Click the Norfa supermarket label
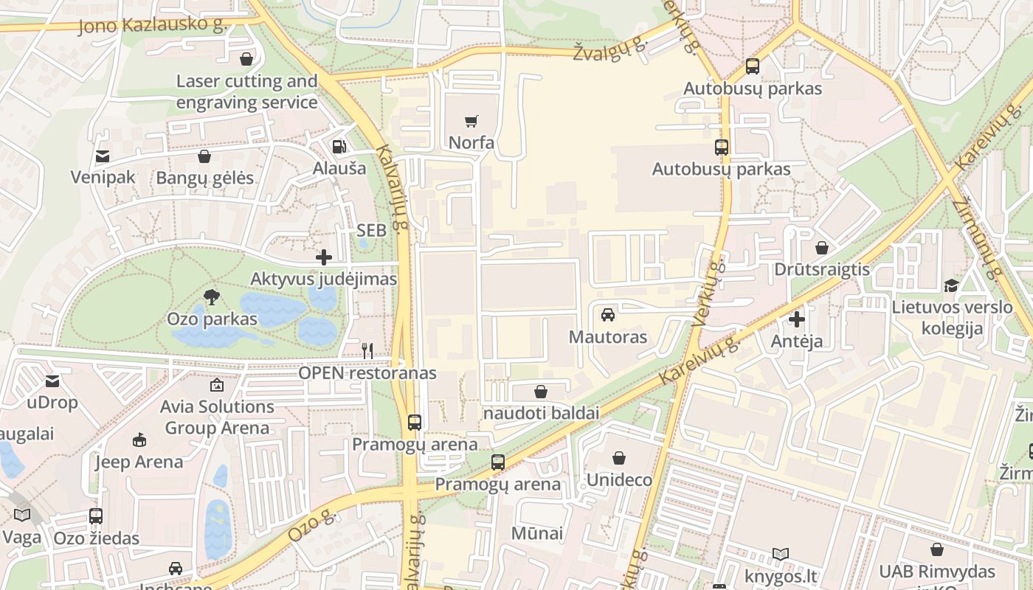(471, 142)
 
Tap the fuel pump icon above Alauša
(339, 146)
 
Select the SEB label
(371, 230)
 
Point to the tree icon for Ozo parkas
(212, 297)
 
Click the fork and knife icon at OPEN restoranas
(367, 351)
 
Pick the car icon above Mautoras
(608, 315)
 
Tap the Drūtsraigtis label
(822, 269)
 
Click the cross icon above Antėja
(797, 320)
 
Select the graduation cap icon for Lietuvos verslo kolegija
(952, 285)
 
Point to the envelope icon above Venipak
(103, 156)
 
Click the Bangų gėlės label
(204, 178)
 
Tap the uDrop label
(52, 403)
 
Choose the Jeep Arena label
(139, 462)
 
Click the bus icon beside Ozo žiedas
(96, 516)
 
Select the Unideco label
(619, 480)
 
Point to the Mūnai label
(537, 533)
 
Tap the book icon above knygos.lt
(781, 554)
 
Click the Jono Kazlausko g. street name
(151, 24)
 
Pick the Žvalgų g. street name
(610, 51)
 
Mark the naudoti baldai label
(541, 413)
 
